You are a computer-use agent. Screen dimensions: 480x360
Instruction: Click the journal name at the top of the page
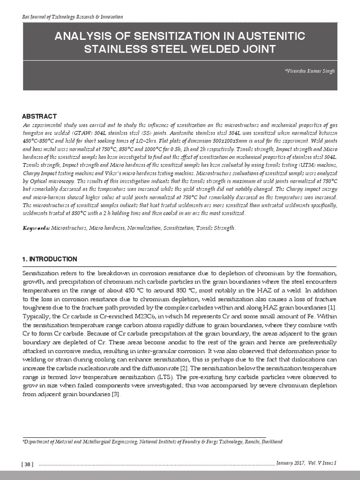pyautogui.click(x=73, y=17)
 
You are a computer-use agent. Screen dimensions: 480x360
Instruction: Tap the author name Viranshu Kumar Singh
pyautogui.click(x=310, y=70)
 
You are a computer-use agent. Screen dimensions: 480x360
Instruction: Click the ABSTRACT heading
pyautogui.click(x=39, y=116)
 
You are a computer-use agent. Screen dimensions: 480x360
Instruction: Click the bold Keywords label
pyautogui.click(x=36, y=228)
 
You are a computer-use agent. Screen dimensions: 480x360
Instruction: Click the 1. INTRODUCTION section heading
pyautogui.click(x=50, y=259)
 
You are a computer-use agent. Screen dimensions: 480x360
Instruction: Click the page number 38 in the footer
pyautogui.click(x=27, y=464)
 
